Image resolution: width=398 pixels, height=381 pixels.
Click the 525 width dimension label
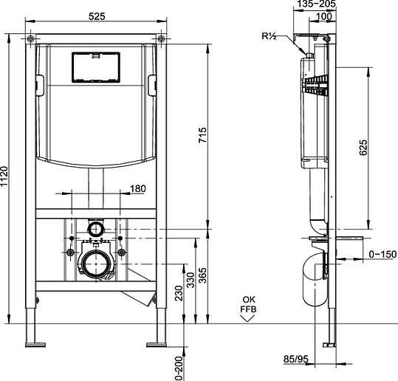[97, 16]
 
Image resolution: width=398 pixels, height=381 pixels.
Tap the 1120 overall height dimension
[4, 176]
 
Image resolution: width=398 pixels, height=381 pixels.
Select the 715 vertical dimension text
[202, 135]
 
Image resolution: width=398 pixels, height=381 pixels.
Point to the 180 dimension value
[138, 189]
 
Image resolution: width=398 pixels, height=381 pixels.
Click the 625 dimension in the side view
[363, 148]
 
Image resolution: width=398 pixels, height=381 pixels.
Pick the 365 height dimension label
[202, 275]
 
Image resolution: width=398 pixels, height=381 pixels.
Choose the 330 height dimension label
[191, 280]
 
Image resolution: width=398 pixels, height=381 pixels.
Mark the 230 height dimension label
[179, 293]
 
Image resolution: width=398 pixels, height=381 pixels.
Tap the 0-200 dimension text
[179, 368]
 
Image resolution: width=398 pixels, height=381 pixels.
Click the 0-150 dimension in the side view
[382, 254]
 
